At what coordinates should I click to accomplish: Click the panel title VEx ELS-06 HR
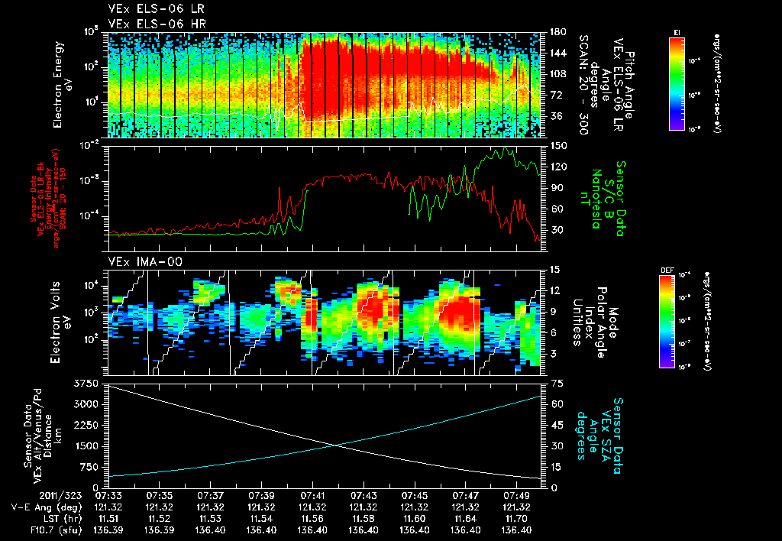pos(150,24)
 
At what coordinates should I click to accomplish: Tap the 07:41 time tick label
pos(313,496)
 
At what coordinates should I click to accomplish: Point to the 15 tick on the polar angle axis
pos(548,270)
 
